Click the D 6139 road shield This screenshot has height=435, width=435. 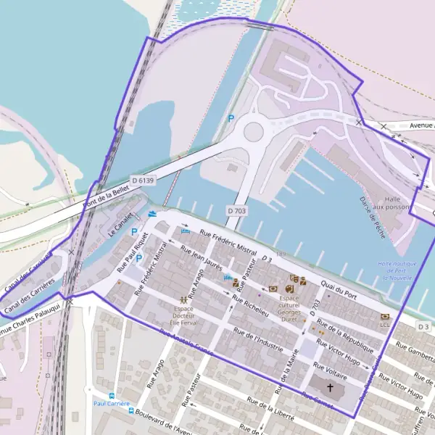pyautogui.click(x=144, y=179)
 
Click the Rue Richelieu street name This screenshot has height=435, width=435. pyautogui.click(x=251, y=306)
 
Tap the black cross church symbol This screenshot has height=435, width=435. pyautogui.click(x=331, y=388)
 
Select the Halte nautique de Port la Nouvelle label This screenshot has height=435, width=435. pyautogui.click(x=395, y=270)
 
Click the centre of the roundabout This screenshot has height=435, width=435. pyautogui.click(x=253, y=132)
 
